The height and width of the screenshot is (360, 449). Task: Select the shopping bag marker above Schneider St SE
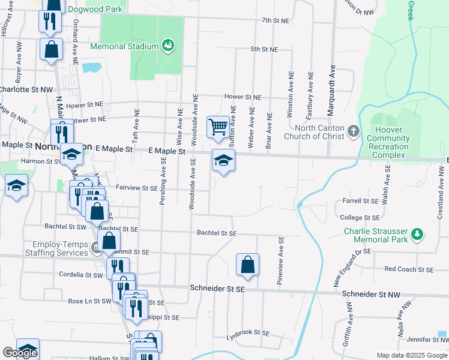[247, 264]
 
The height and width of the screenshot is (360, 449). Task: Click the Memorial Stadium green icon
[168, 46]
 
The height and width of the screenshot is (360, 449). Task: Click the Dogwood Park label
[95, 9]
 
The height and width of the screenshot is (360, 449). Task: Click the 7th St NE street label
[276, 20]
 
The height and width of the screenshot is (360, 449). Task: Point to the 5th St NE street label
[264, 49]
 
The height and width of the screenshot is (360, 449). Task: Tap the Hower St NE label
[243, 97]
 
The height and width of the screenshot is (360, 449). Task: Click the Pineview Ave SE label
[280, 253]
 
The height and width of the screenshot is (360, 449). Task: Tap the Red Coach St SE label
[408, 269]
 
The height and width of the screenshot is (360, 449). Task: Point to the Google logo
[20, 353]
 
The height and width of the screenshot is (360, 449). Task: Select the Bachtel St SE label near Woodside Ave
[217, 233]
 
